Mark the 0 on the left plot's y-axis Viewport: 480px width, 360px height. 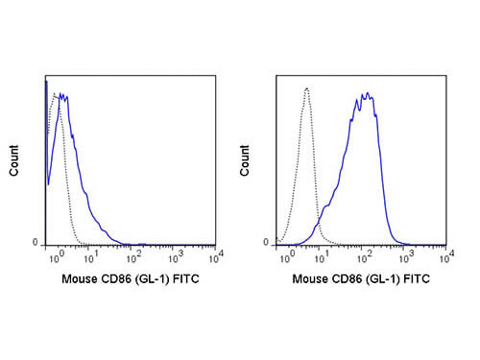[36, 243]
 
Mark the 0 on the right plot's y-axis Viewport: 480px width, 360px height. [268, 243]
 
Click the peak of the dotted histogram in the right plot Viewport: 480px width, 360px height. [306, 88]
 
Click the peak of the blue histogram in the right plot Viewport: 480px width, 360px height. [366, 94]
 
